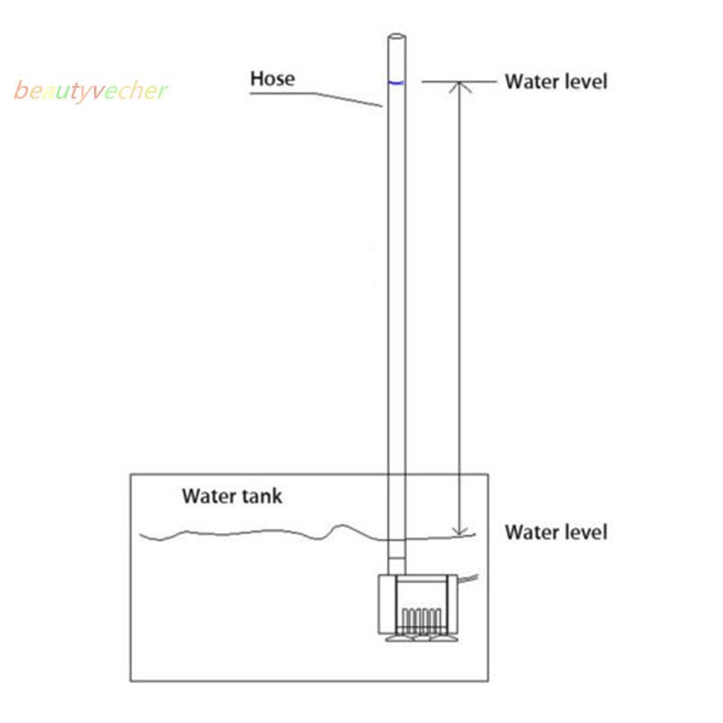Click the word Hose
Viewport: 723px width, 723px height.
pos(272,80)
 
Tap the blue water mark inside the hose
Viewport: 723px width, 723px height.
pos(396,82)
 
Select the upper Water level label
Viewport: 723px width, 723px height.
pos(556,81)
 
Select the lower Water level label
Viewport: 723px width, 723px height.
pos(556,531)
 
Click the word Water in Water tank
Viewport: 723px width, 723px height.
pos(208,495)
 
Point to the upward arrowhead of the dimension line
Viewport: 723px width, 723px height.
pos(461,87)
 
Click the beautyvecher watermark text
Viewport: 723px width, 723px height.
pos(90,91)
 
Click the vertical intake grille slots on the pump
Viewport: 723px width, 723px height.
pos(421,620)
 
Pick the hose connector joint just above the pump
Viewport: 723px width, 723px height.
pos(396,560)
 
